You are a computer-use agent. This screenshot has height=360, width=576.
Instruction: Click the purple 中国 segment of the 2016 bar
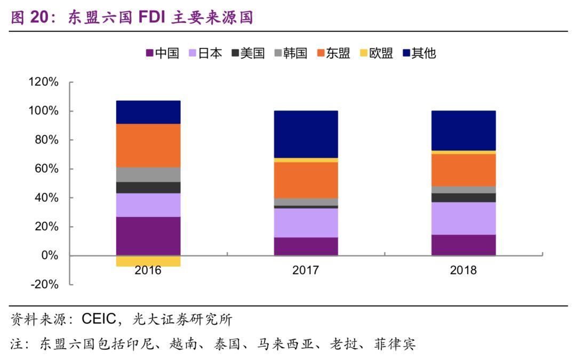pos(148,236)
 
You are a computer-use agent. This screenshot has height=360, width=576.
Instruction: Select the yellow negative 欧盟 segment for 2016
pos(148,261)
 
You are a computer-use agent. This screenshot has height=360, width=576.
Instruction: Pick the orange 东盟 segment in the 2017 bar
pos(306,180)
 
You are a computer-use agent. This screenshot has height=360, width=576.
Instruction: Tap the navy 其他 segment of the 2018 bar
pos(463,131)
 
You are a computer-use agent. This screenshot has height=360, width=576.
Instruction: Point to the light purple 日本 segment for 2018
pos(463,218)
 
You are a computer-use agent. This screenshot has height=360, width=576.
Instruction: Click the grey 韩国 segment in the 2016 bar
pos(148,174)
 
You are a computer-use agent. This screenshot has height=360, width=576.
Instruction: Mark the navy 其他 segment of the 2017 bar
pos(306,134)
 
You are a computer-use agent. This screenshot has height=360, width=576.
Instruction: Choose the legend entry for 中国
pos(163,53)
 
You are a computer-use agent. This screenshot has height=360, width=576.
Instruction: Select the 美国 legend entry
pos(248,53)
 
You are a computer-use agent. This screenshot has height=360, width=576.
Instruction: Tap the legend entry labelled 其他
pos(419,53)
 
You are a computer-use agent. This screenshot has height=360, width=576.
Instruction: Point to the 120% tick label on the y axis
pos(43,82)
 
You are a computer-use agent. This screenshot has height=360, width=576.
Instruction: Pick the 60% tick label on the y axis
pos(46,169)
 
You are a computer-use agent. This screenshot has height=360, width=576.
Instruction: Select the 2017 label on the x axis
pos(306,270)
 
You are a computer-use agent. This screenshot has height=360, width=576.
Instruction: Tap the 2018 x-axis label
pos(463,270)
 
